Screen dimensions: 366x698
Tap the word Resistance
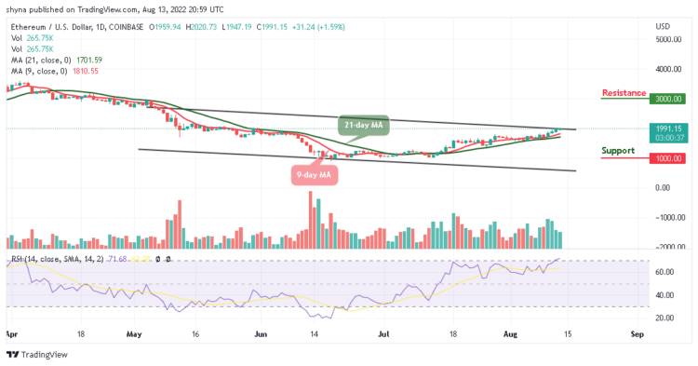coord(625,93)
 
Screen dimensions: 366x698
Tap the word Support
coord(618,150)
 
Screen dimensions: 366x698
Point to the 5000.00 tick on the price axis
coord(670,39)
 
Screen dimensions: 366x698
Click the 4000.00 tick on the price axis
coord(670,69)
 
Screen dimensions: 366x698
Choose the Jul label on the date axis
coord(383,332)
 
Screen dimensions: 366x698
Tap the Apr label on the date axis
coord(11,332)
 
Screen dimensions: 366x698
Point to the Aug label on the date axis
coord(509,332)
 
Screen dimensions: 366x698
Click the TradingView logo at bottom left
coord(34,355)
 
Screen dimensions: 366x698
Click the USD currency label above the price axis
coord(664,27)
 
